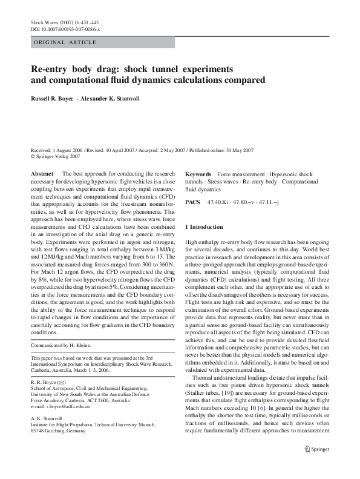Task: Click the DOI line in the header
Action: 65,29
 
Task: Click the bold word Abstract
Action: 42,174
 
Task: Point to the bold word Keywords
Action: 198,174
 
